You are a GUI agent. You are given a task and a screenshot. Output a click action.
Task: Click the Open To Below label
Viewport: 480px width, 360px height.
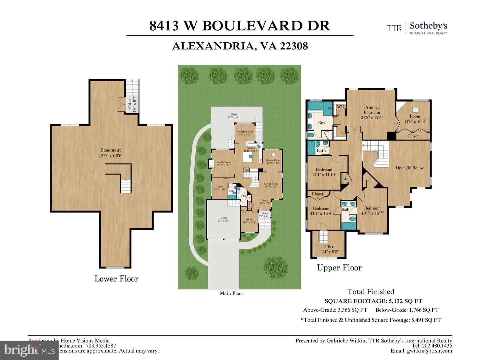pos(409,168)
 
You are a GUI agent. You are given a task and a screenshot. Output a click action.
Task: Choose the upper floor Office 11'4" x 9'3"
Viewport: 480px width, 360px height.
pos(328,249)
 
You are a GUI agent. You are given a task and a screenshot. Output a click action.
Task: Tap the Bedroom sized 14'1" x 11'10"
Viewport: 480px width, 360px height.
pos(324,172)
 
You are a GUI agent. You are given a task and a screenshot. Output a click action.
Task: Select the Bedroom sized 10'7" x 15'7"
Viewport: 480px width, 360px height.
pos(372,210)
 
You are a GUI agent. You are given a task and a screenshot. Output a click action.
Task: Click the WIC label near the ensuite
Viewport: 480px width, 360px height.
pos(341,107)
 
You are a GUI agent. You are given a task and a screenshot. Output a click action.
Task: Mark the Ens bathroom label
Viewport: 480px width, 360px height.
pos(321,123)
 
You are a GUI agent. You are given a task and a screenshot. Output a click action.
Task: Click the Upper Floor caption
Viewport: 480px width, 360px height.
pos(339,268)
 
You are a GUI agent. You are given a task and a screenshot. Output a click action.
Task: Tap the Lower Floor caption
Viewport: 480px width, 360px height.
pos(116,279)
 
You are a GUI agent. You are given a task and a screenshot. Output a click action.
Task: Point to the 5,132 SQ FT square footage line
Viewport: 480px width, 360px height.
pos(373,301)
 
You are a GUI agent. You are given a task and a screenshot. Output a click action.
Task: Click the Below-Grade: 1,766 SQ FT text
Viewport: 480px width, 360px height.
pos(407,310)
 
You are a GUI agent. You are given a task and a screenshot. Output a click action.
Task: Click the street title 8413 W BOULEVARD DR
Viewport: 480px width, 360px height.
pos(240,26)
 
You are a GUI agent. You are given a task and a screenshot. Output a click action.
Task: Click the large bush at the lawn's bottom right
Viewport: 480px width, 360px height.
pos(276,265)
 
